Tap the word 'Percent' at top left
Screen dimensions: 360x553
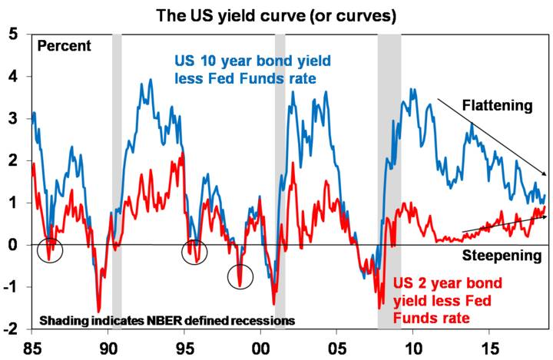[x=64, y=45]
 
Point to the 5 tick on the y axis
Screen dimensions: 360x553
[x=15, y=35]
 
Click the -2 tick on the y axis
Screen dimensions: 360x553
[x=12, y=329]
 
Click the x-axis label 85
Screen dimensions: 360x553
[x=31, y=345]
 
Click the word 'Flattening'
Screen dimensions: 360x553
[x=495, y=106]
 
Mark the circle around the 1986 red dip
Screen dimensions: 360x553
[x=49, y=250]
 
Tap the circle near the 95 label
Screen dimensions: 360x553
[x=194, y=251]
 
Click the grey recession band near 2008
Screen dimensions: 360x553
[x=389, y=180]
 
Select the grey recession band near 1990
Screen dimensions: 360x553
[x=117, y=180]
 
